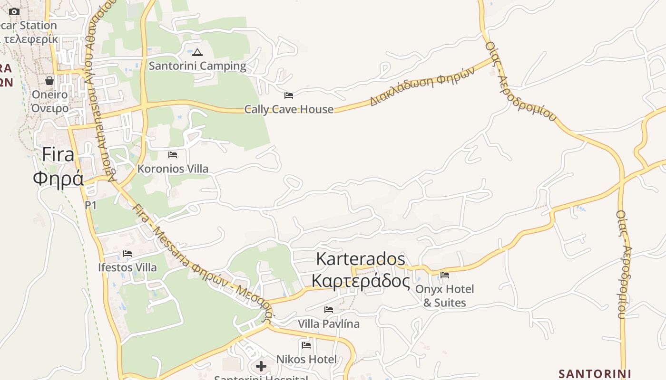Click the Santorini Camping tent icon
(x=197, y=52)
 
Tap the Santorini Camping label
(x=197, y=66)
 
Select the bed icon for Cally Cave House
(x=288, y=95)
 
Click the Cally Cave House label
(x=289, y=109)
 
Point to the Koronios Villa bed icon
(x=173, y=155)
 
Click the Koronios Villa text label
(x=173, y=169)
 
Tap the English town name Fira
(x=58, y=155)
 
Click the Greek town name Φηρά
(x=58, y=179)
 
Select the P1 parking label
(x=90, y=205)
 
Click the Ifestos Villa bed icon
(x=127, y=254)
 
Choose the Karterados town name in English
(x=361, y=259)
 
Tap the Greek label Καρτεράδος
(x=361, y=281)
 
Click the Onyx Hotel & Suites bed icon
(x=445, y=275)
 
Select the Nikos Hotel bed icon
(x=306, y=345)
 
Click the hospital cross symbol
(x=261, y=366)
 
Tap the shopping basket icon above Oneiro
(x=49, y=81)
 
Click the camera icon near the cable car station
(x=14, y=11)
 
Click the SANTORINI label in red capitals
(x=595, y=373)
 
